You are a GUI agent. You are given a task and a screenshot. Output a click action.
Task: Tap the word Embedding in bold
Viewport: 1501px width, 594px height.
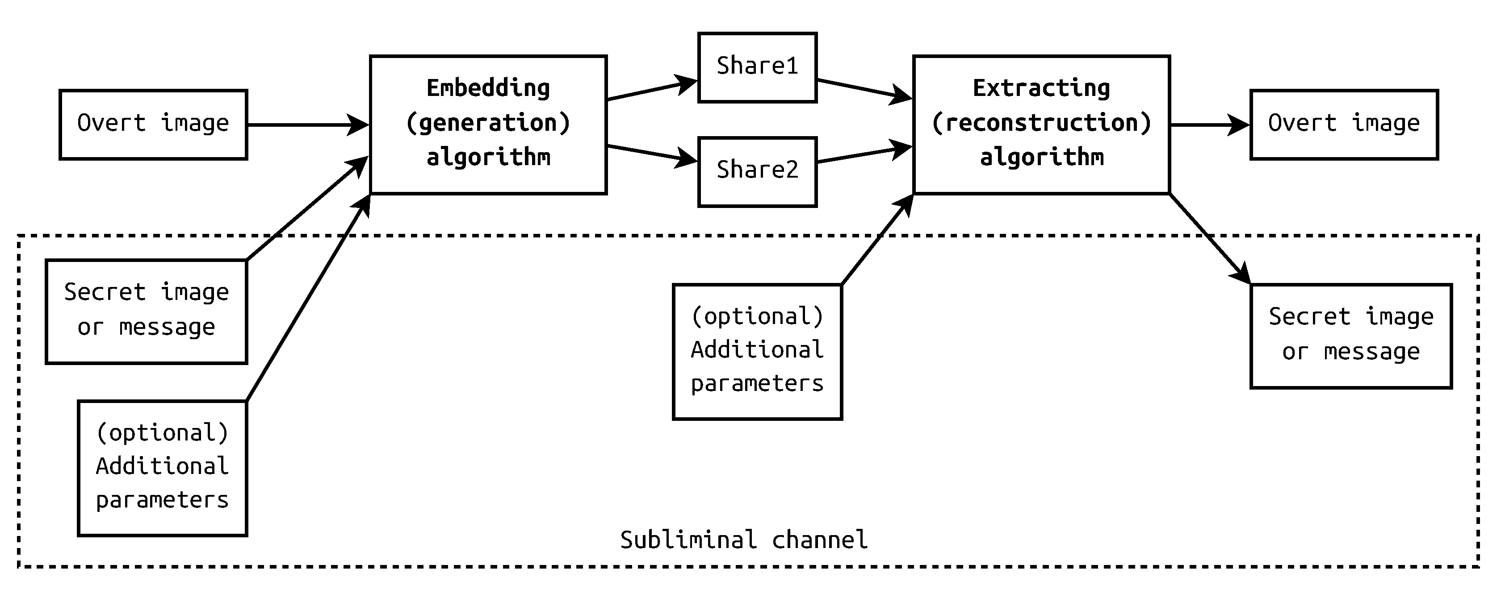(488, 88)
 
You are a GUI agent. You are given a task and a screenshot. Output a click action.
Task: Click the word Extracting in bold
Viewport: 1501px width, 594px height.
(1041, 88)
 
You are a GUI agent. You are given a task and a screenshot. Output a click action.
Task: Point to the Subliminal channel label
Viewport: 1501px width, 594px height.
(743, 540)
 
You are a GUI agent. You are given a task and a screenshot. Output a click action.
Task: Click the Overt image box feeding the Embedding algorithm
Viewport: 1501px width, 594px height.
(153, 124)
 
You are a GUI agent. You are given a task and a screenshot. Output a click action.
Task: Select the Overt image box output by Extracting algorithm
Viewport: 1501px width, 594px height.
(1344, 124)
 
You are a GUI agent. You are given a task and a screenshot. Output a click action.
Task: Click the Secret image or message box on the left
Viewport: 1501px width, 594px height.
(146, 311)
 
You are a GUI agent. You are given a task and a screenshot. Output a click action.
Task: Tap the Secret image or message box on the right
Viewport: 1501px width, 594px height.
(1350, 336)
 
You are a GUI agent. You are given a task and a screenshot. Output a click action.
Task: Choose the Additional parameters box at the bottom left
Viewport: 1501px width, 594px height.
(162, 468)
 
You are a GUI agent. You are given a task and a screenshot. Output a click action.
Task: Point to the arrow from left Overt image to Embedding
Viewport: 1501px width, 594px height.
(306, 125)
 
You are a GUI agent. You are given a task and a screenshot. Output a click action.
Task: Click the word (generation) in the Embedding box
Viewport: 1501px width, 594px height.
(488, 123)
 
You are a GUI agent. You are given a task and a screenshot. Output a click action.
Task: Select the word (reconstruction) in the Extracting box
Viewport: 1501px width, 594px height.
(1041, 123)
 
